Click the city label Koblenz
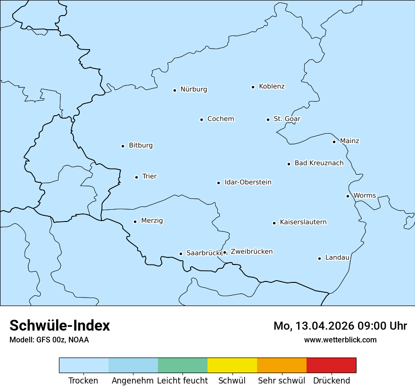tap(272, 86)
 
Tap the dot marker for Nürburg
tap(174, 90)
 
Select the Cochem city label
tap(221, 119)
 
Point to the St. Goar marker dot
tap(268, 119)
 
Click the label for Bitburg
tap(141, 145)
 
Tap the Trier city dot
tap(136, 177)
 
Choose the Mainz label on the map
tap(349, 141)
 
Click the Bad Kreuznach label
tap(319, 163)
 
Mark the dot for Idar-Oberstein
tap(218, 183)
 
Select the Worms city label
tap(365, 196)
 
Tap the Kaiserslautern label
tap(303, 222)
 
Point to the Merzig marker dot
tap(135, 222)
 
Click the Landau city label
tap(337, 258)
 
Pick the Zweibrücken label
tap(251, 252)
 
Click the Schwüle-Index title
tap(60, 325)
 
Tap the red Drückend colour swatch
tap(331, 365)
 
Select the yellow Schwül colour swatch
tap(232, 365)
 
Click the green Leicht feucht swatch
tap(183, 365)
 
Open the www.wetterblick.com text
tap(340, 340)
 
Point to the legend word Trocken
tap(83, 381)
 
